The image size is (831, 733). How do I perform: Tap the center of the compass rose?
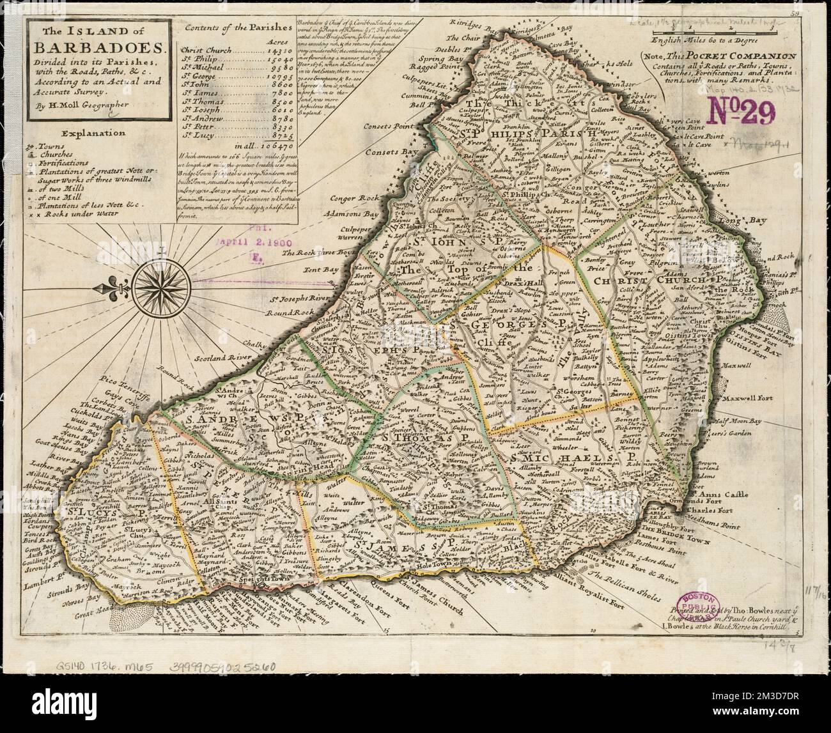coord(157,281)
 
